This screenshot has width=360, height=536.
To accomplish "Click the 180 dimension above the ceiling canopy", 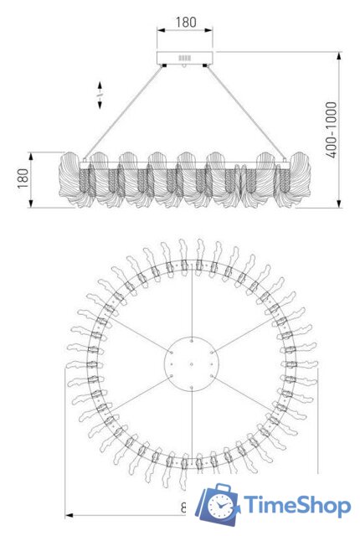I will [184, 23].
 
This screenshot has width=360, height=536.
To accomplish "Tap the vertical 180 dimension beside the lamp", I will [23, 178].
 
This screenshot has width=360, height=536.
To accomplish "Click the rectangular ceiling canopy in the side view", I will [185, 59].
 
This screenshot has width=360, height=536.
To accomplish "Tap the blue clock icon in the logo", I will [221, 505].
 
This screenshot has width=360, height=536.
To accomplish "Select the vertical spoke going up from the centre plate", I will [192, 301].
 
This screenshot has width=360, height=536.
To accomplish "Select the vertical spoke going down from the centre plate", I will [192, 427].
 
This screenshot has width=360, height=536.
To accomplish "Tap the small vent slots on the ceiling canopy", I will [184, 58].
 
